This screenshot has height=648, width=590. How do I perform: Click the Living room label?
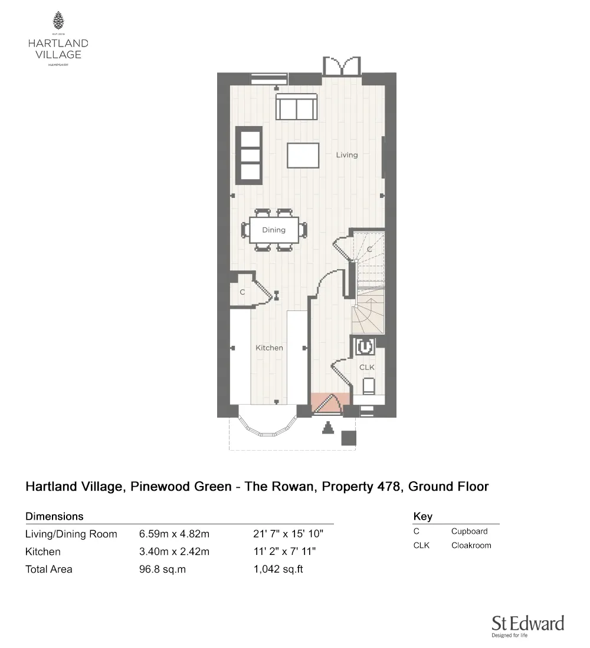tap(347, 155)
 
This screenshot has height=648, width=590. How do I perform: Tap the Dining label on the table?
tap(274, 230)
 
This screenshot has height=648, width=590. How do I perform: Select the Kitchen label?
tap(269, 348)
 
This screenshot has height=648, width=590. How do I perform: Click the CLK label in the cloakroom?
tap(367, 367)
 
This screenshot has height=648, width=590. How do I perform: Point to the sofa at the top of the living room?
tap(296, 107)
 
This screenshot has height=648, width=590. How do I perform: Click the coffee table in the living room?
tap(303, 155)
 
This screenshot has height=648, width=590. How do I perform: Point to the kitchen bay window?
tap(267, 428)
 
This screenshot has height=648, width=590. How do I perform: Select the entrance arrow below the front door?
tap(327, 429)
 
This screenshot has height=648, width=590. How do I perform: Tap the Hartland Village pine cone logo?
tap(58, 21)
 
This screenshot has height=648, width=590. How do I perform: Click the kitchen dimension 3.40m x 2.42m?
tap(174, 552)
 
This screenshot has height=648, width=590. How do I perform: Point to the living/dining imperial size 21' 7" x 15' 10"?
tap(289, 534)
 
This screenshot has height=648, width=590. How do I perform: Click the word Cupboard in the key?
tap(469, 531)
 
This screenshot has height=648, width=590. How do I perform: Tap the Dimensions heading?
tap(54, 516)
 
